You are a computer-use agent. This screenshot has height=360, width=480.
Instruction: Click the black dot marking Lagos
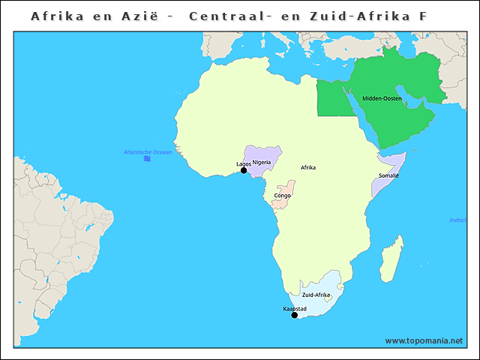point(244,170)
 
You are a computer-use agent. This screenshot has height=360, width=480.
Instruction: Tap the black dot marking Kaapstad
point(295,315)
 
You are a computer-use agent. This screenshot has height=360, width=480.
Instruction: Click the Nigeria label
point(262,162)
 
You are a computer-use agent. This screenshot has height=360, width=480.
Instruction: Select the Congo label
point(283,195)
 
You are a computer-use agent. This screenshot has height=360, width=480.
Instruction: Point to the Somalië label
point(388,175)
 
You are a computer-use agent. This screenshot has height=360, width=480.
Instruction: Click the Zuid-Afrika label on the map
point(316,295)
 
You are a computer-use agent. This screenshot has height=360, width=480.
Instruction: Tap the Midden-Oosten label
point(382,99)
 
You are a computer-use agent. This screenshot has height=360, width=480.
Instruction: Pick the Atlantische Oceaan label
point(148,152)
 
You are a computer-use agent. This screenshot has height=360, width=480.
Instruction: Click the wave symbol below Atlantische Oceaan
point(148,159)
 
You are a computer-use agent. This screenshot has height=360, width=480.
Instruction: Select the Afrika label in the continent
point(308,167)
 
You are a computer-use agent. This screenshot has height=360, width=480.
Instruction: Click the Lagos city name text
point(244,163)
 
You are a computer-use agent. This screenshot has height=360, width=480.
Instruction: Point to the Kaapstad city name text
point(295,308)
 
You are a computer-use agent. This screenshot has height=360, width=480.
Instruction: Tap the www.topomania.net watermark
point(424,340)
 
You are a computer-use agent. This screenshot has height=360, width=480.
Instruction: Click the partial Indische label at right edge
point(457,220)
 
